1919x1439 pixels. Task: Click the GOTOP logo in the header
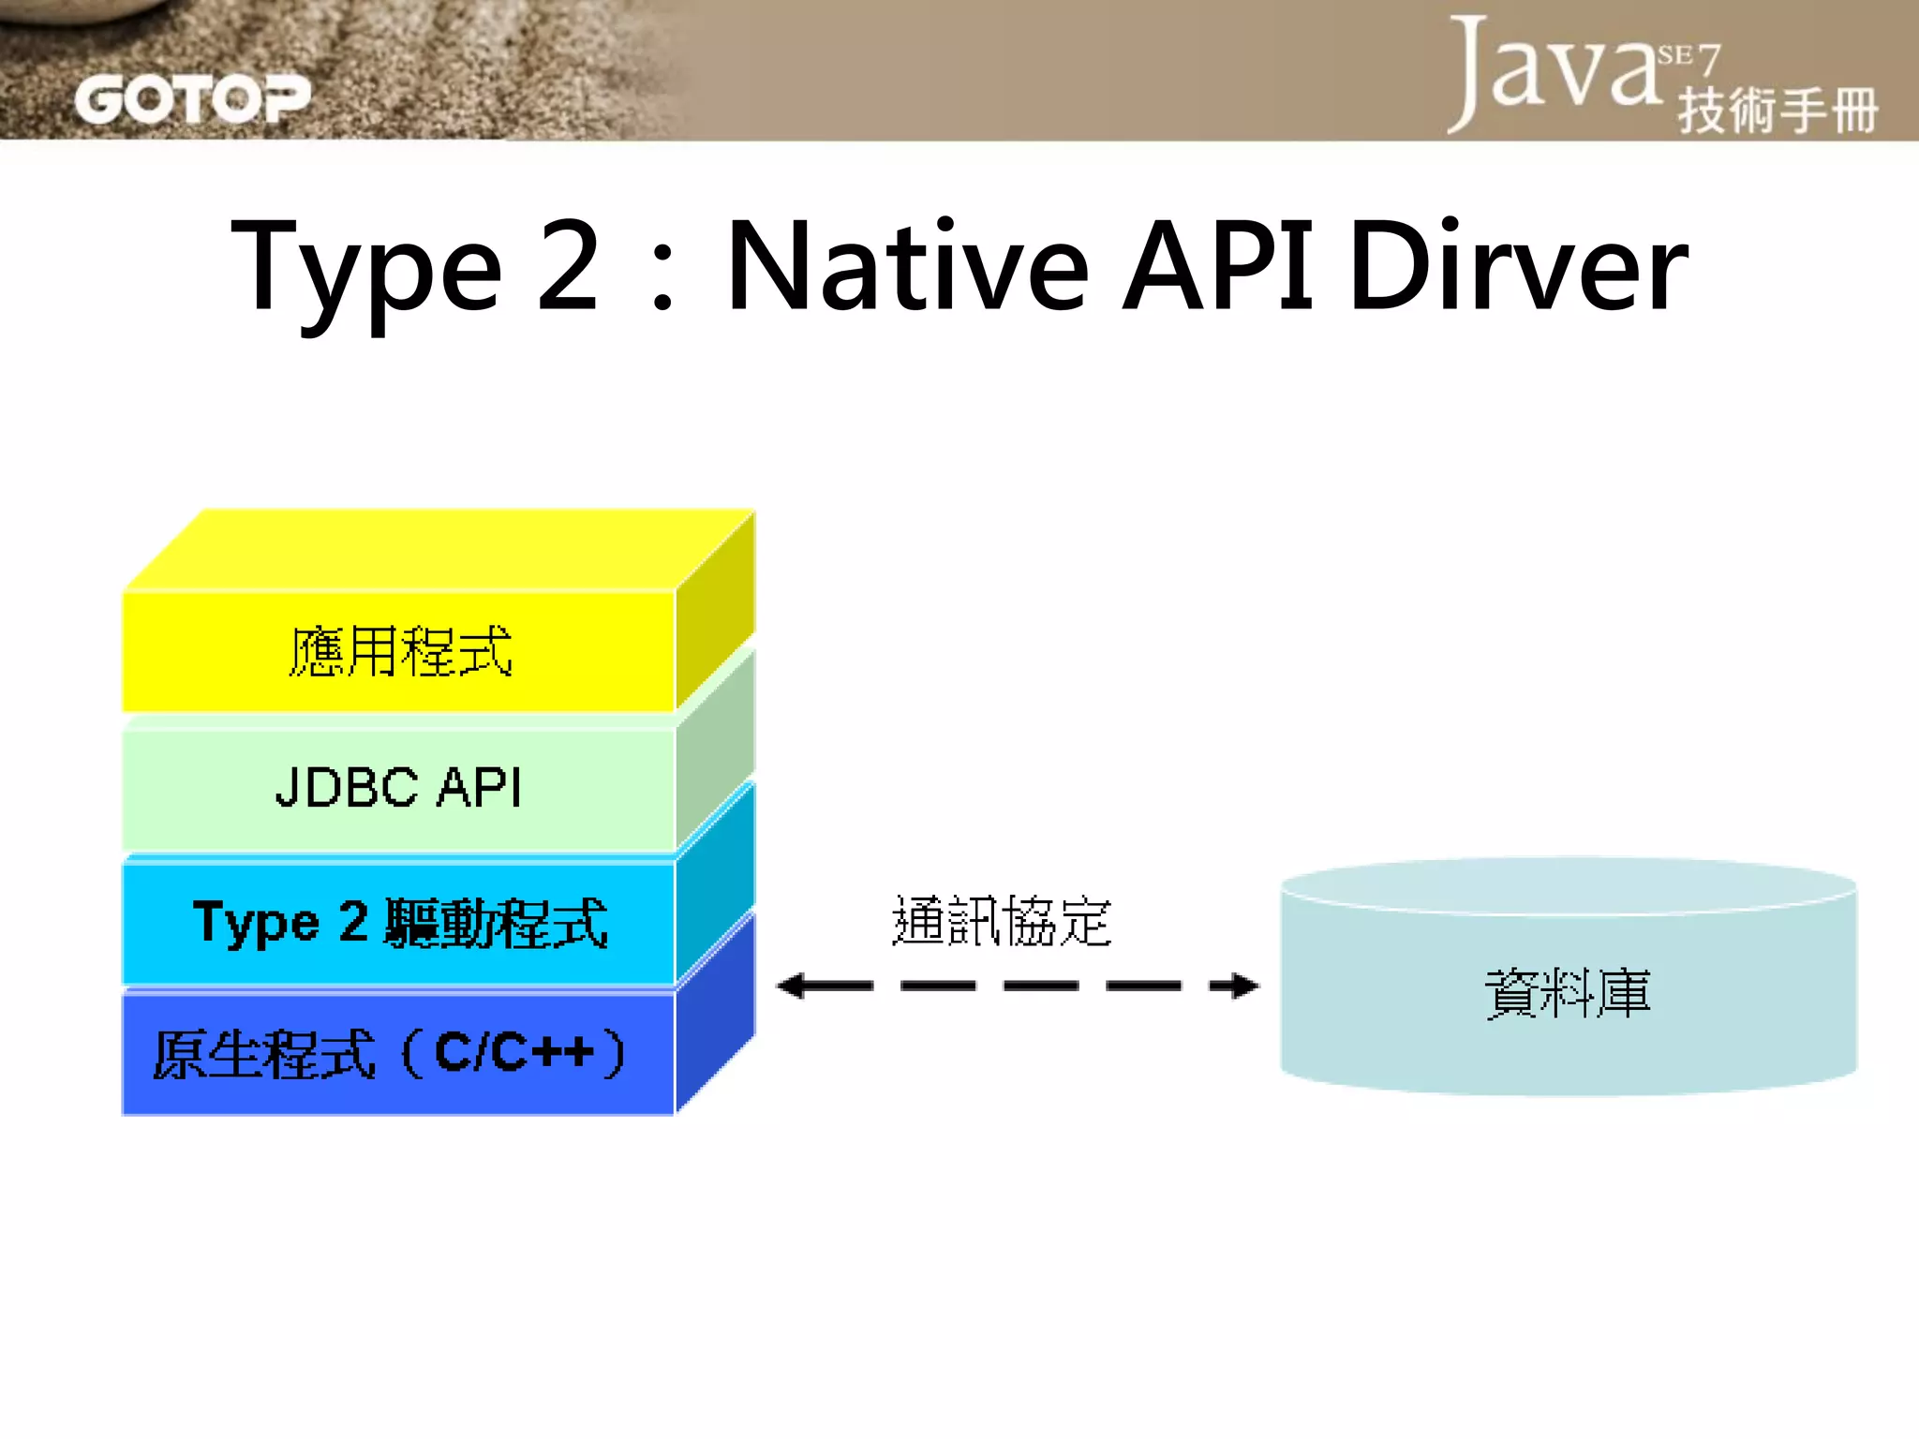(192, 98)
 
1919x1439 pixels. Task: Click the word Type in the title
(365, 267)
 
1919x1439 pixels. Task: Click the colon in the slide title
(662, 281)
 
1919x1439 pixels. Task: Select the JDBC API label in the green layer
(398, 787)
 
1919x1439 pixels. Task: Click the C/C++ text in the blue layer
(515, 1052)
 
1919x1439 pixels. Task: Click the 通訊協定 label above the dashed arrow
(1001, 921)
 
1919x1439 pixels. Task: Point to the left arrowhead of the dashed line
(793, 986)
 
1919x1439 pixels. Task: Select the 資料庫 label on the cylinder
(1567, 993)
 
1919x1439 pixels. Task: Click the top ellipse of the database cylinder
(1568, 884)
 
